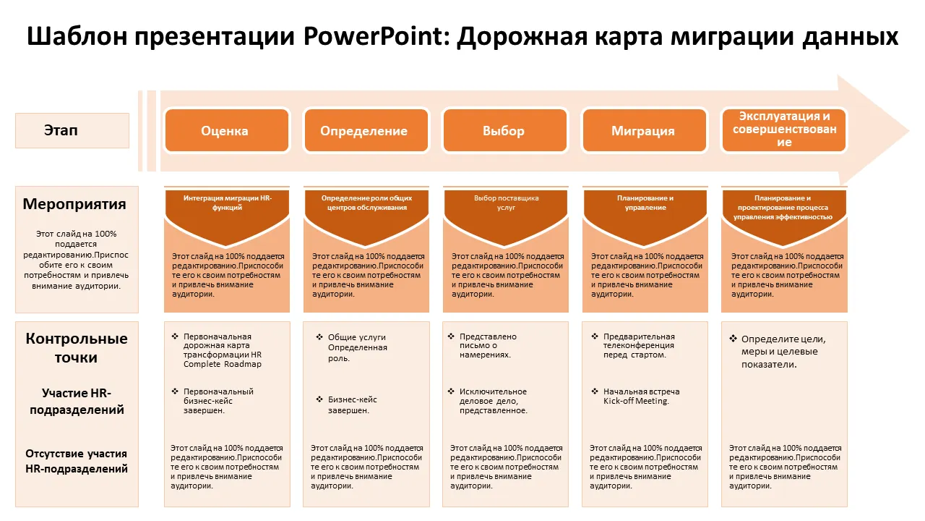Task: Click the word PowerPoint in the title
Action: [x=373, y=36]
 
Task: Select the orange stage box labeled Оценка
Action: [x=227, y=131]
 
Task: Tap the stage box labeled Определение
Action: [x=366, y=131]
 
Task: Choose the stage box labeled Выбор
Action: [x=505, y=131]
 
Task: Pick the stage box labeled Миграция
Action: [x=645, y=131]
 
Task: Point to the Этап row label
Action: [x=72, y=131]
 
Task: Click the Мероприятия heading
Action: [x=74, y=204]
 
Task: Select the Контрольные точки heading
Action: [x=77, y=348]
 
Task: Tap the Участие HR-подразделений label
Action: [x=77, y=401]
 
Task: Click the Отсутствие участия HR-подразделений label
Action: [x=77, y=461]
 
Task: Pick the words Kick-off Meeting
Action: [x=636, y=401]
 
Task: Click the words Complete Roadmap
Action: [x=223, y=364]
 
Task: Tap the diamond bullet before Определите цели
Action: [x=733, y=339]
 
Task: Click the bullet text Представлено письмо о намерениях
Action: [x=488, y=346]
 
